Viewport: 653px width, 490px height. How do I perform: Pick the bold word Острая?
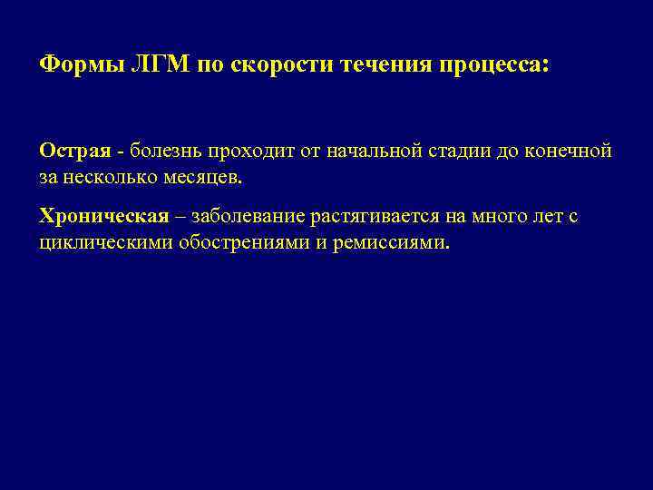81,150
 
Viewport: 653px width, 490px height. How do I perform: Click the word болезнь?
171,150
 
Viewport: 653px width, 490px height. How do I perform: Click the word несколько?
115,175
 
